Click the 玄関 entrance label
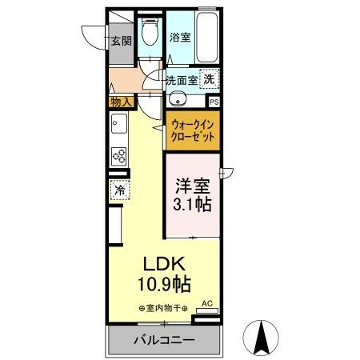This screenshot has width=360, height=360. tap(122, 42)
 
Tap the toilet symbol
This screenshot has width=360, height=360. tap(150, 34)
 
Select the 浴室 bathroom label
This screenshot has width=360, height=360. tap(180, 37)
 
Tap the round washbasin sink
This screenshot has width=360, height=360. tap(177, 99)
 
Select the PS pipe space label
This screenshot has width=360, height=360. tap(214, 102)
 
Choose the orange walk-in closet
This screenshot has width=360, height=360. tap(194, 130)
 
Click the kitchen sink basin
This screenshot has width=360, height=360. tap(118, 126)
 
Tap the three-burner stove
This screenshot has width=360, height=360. tap(118, 156)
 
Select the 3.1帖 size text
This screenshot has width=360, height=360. tap(193, 206)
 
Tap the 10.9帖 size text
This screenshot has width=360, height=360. tap(164, 284)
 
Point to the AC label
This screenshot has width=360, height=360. tap(206, 303)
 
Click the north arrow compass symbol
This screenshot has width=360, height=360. tap(260, 337)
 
